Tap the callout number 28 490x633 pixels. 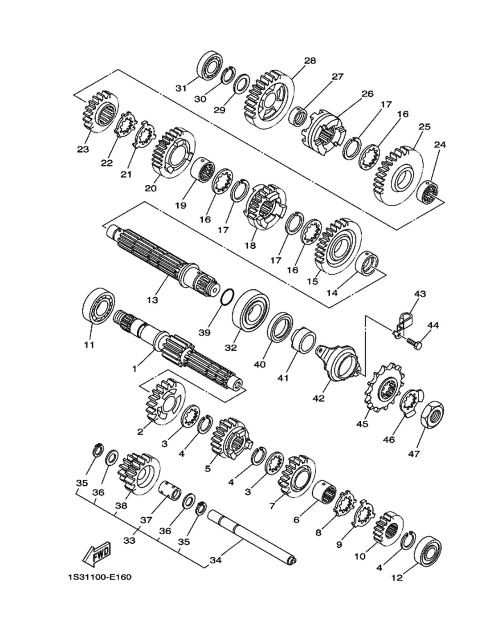(x=310, y=61)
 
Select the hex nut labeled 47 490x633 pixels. (x=432, y=414)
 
